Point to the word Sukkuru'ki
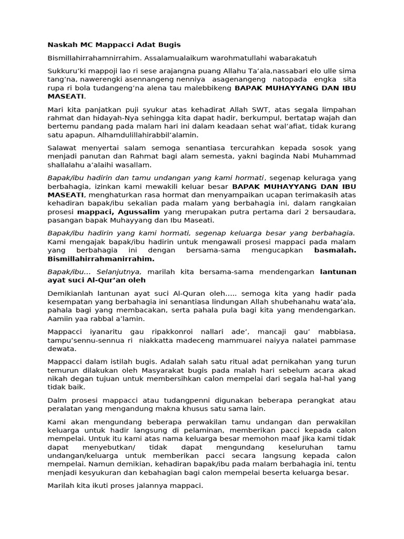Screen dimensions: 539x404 [x=67, y=71]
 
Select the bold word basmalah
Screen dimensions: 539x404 [x=335, y=251]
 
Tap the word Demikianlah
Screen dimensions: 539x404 [x=72, y=293]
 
